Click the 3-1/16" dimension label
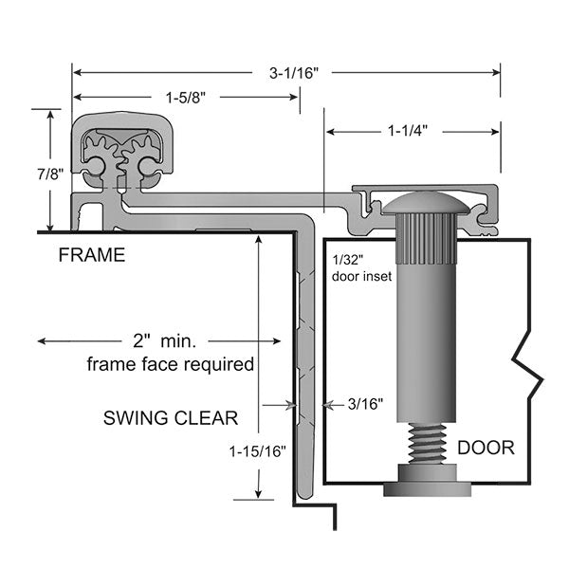tap(284, 70)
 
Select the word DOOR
tap(486, 448)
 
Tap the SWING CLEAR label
tap(171, 417)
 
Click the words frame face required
tap(171, 363)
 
